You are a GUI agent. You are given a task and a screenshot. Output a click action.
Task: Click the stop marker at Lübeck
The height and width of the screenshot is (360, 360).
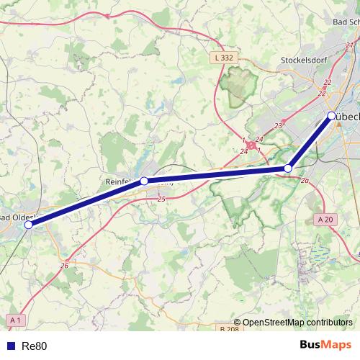pos(330,116)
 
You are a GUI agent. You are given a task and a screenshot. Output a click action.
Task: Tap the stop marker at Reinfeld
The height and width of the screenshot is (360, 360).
pos(144,181)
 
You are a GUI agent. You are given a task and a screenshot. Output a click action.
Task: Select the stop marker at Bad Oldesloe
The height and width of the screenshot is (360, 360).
pos(29,225)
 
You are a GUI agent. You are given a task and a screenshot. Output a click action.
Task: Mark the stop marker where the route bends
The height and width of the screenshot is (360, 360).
pos(288,168)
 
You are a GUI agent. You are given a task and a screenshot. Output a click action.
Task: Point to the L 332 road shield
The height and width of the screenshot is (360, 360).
pos(224,57)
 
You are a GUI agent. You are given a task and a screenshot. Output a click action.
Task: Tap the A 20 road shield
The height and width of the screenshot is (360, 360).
pos(325,219)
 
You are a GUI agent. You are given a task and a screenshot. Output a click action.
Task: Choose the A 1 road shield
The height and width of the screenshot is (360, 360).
pos(16,319)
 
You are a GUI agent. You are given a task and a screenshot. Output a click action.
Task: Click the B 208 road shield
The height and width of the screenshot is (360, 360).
pos(228,329)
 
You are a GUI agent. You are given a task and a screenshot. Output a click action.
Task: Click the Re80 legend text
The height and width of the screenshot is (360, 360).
pos(35,346)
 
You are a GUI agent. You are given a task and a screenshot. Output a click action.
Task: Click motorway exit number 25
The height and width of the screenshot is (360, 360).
pos(161,199)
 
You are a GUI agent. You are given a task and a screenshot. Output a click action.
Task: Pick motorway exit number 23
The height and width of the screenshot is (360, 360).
pos(278,125)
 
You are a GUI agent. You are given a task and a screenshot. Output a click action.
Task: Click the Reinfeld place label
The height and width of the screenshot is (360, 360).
pos(121,181)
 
